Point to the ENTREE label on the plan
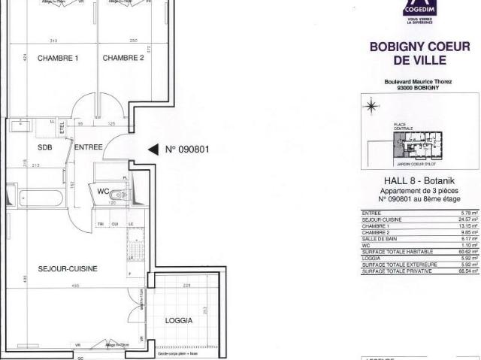[88, 147]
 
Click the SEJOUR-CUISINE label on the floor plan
[68, 268]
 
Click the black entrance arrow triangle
[153, 149]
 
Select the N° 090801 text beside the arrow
[186, 149]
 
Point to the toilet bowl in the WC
[114, 198]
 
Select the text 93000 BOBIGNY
[419, 89]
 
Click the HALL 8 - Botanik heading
[420, 184]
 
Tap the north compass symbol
[370, 107]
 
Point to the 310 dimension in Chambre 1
[53, 41]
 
